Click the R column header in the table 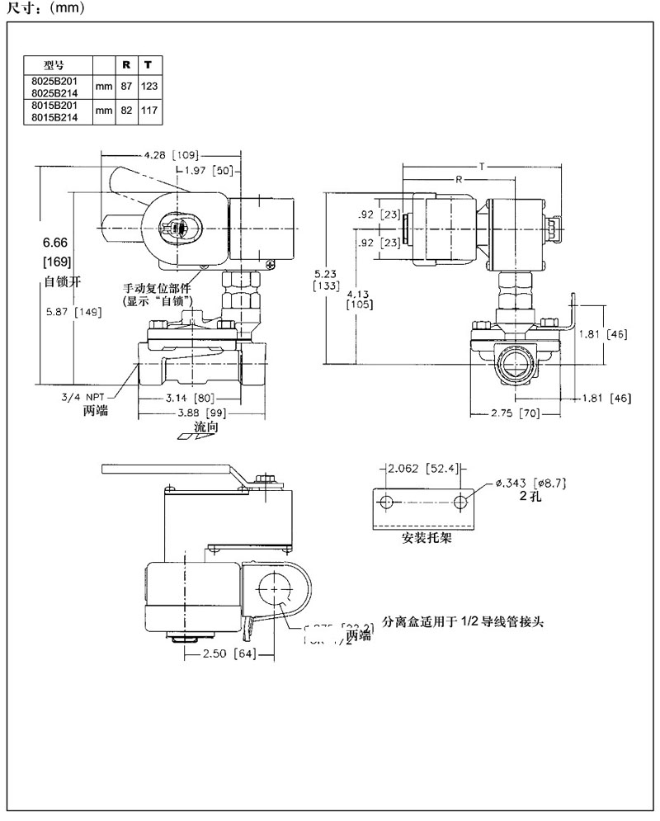click(126, 64)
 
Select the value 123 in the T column click(148, 86)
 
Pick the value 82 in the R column click(126, 110)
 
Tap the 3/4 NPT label click(83, 397)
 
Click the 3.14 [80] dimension click(182, 398)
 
